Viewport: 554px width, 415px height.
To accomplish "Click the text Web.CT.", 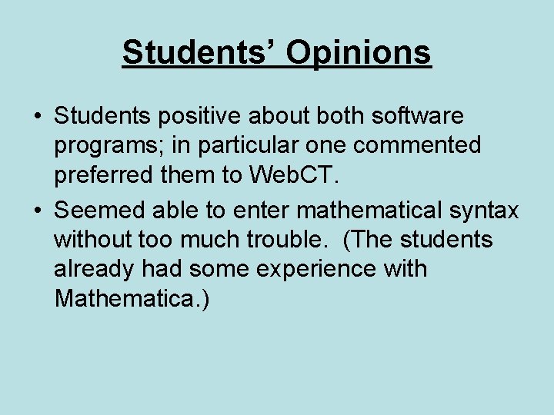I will coord(295,176).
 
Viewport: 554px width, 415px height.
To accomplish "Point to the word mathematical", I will coord(372,208).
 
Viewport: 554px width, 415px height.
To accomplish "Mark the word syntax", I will coord(486,210).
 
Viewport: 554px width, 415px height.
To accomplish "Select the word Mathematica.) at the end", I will coord(132,299).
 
